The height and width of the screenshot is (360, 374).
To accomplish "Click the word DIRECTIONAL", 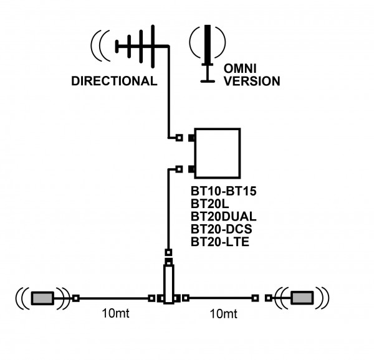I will (113, 81).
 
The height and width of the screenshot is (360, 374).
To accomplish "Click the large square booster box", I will (218, 153).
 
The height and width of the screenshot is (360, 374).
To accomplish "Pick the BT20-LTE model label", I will (220, 241).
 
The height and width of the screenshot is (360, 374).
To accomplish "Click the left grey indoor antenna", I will (43, 298).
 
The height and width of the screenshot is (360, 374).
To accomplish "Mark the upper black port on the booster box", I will (191, 138).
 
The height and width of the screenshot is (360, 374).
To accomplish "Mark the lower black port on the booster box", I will (191, 169).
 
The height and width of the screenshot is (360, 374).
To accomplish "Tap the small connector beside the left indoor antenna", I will (76, 298).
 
